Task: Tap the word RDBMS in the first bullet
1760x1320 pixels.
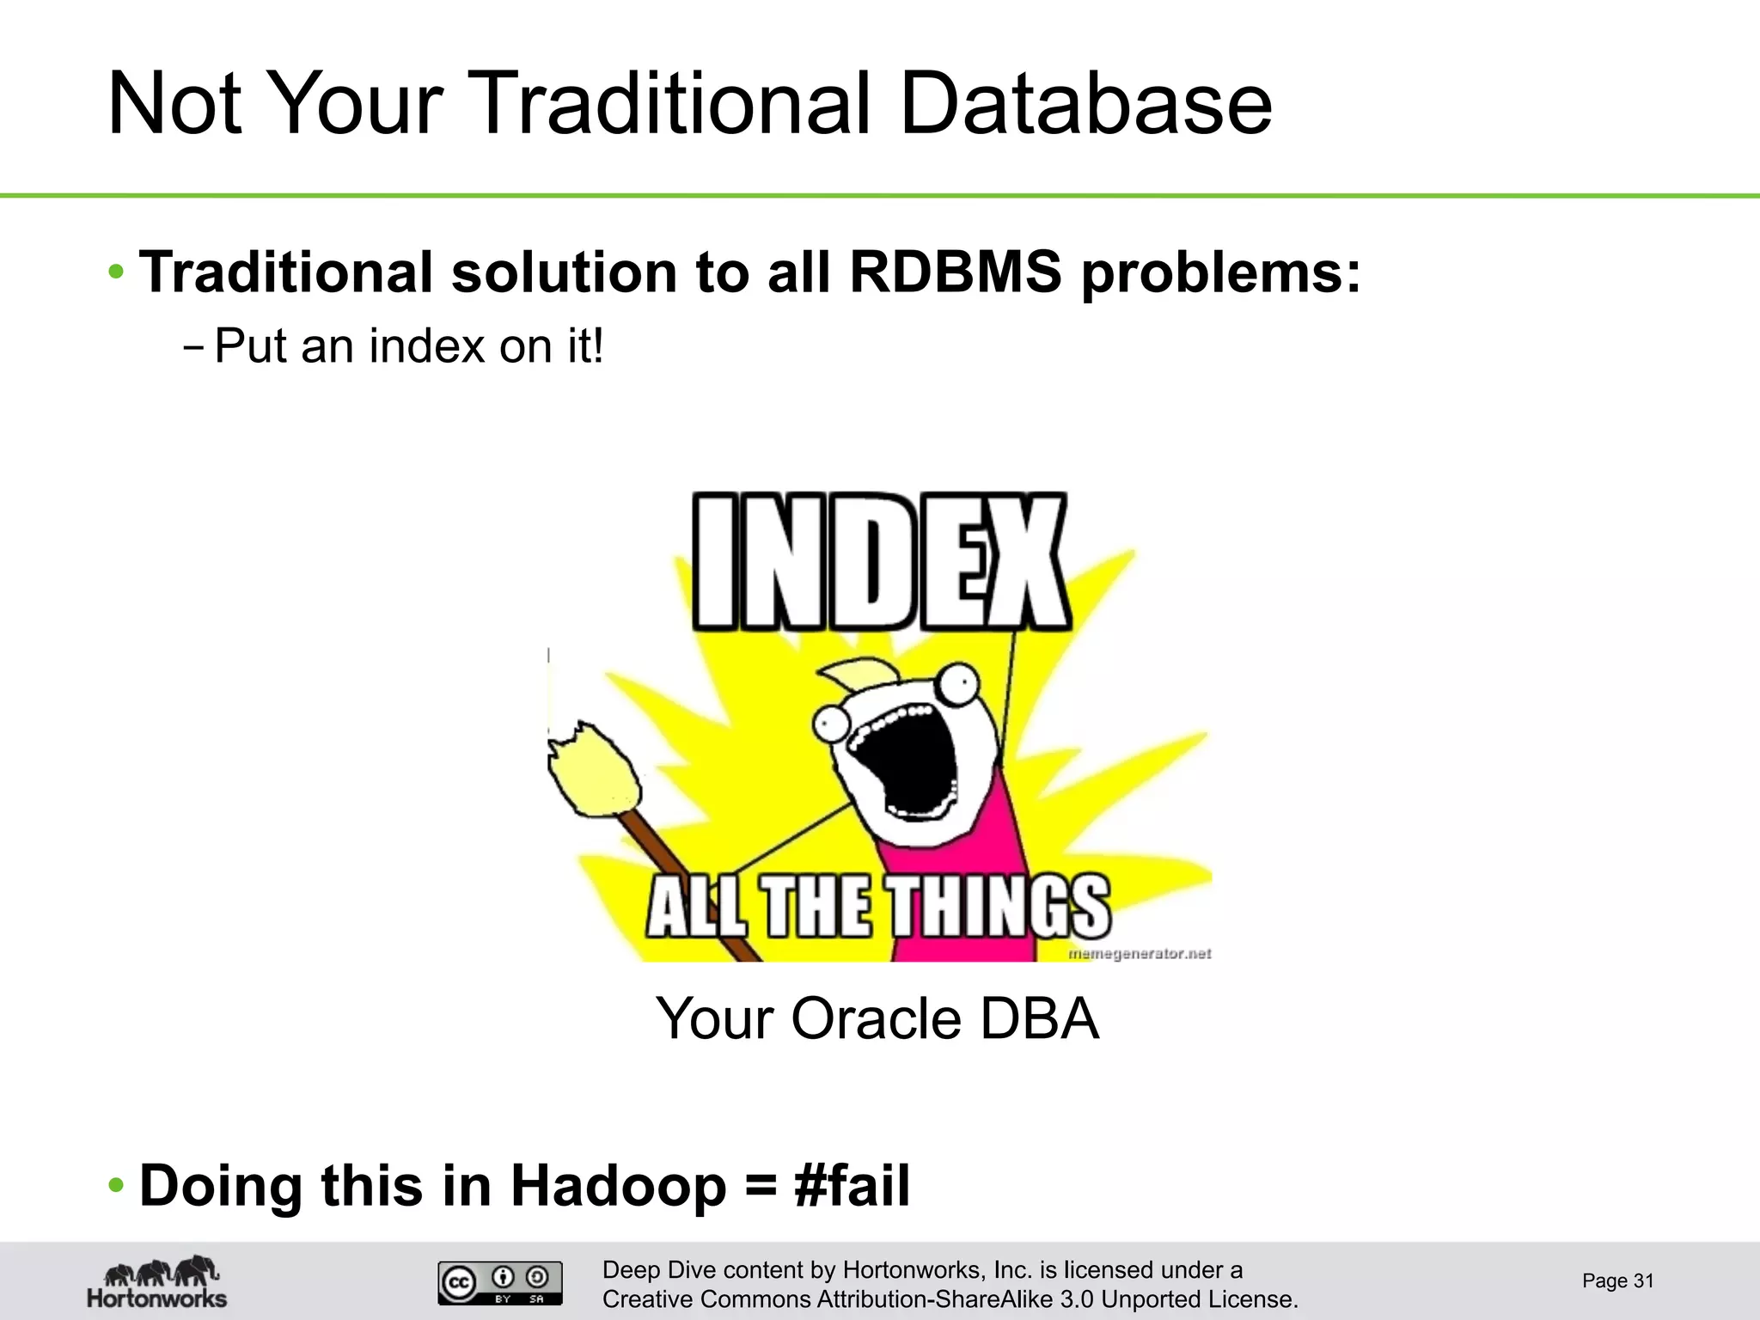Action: coord(955,272)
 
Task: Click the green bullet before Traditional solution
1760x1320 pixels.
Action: coord(116,273)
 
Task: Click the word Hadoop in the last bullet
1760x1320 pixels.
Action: coord(618,1186)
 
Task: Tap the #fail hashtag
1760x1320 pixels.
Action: coord(852,1186)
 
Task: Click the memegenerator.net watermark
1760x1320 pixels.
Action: coord(1139,953)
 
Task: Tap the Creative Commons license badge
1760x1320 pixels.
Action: coord(500,1282)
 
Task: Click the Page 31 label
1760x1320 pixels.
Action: coord(1617,1280)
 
